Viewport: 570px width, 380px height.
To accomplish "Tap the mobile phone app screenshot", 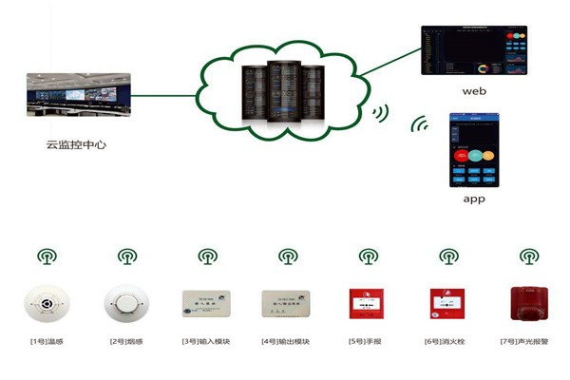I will click(x=474, y=151).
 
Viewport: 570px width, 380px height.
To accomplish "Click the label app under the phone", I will click(x=474, y=200).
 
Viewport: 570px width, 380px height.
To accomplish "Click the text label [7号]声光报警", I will click(x=526, y=340).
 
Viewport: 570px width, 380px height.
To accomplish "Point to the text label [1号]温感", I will click(x=45, y=340).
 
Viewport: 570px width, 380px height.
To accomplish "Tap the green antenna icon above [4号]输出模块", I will click(x=286, y=256).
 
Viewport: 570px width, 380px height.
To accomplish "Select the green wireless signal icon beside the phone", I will click(x=419, y=123).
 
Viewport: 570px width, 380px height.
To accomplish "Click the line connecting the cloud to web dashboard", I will click(x=389, y=66).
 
